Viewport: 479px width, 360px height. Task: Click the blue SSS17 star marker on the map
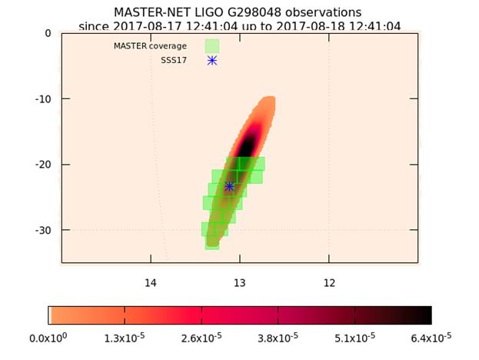[229, 186]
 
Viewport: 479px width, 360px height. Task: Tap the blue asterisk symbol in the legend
[212, 60]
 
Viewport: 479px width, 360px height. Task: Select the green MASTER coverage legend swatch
[212, 46]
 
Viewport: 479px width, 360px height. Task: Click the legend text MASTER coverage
[150, 46]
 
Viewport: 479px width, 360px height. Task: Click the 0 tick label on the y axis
[48, 33]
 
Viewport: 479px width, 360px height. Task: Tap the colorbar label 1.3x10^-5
[125, 338]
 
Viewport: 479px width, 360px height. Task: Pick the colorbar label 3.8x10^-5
[278, 338]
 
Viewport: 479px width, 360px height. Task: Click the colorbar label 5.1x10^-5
[354, 338]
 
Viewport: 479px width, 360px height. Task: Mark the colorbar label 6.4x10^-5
[431, 338]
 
